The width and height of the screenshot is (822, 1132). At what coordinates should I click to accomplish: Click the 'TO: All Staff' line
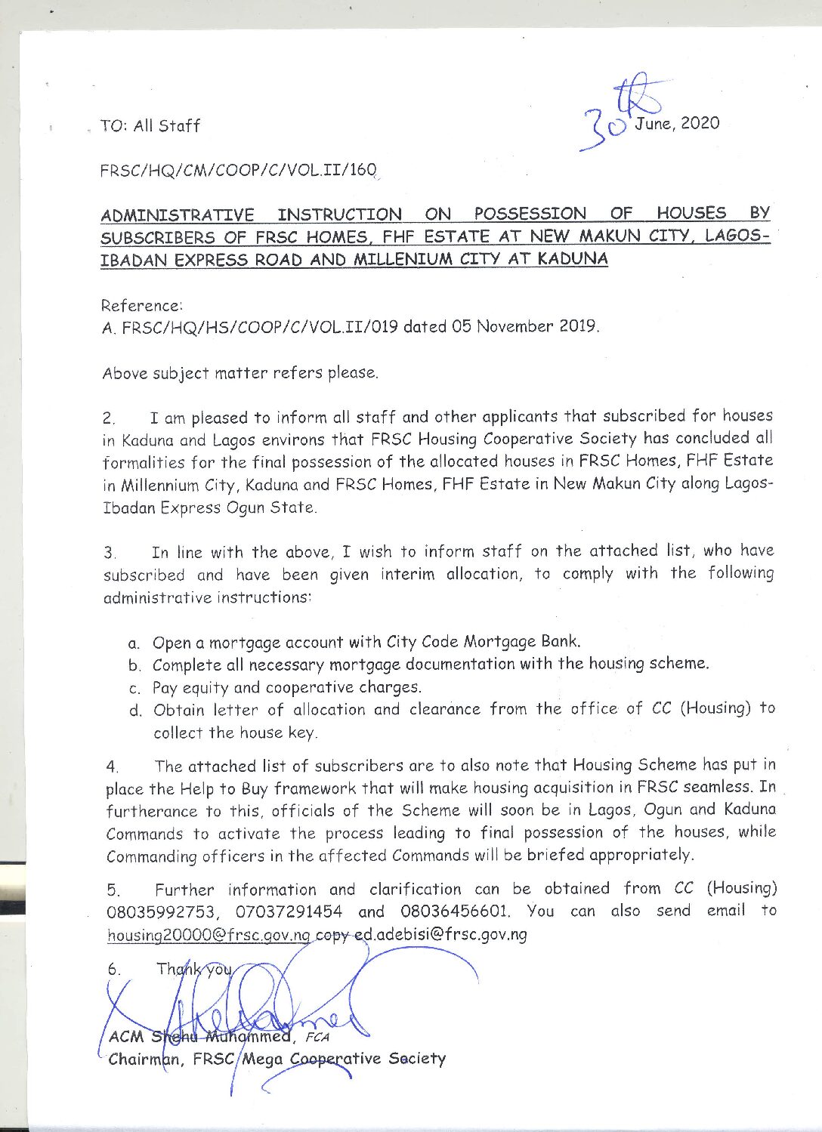click(150, 126)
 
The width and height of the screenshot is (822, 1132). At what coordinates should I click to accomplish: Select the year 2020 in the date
click(700, 123)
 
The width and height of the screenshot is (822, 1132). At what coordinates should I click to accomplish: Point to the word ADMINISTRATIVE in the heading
click(178, 215)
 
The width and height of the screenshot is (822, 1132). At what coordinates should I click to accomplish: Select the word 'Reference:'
click(141, 306)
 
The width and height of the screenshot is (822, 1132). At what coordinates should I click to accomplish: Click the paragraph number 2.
click(109, 418)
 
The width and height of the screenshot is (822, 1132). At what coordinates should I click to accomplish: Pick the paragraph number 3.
click(110, 554)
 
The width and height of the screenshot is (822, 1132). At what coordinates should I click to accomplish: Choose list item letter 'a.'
click(134, 643)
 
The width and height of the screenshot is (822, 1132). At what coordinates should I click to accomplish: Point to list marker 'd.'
click(135, 711)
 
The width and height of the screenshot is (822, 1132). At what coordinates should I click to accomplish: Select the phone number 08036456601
click(456, 911)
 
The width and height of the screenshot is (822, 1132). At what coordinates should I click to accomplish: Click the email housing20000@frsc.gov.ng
click(209, 935)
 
